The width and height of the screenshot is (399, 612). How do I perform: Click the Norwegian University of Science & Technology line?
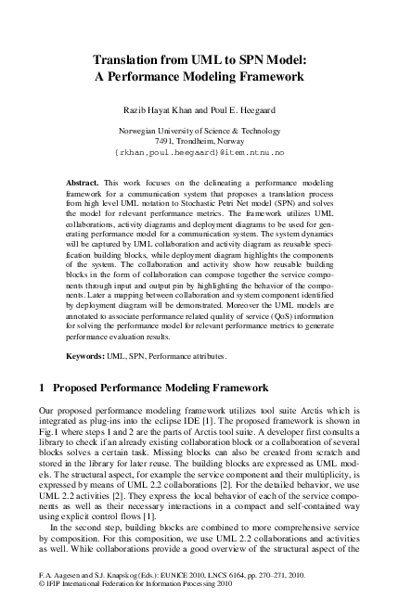199,131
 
